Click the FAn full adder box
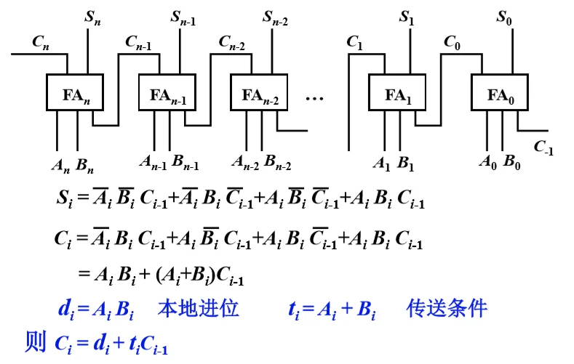pos(76,94)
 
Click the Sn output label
pos(92,17)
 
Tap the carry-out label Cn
pos(41,41)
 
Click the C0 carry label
pos(453,41)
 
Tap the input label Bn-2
pos(278,161)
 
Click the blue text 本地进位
pos(198,309)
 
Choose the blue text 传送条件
pos(446,309)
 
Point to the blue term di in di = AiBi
pos(65,310)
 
